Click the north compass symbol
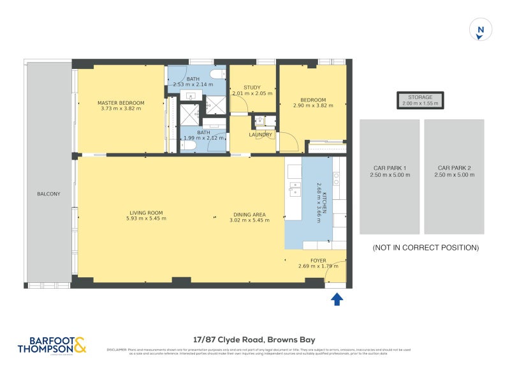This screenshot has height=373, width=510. [481, 30]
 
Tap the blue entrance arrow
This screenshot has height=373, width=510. [337, 298]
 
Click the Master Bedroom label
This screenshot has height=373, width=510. [120, 103]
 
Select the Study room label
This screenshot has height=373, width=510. [252, 88]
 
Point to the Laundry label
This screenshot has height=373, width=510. [261, 135]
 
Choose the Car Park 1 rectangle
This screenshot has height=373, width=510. [390, 176]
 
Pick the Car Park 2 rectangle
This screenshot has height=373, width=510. [453, 176]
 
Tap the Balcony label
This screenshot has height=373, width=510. [48, 194]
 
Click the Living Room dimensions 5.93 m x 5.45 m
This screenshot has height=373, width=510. [147, 218]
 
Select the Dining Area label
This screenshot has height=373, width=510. [249, 215]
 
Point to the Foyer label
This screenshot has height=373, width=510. [317, 261]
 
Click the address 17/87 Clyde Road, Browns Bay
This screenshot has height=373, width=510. [254, 340]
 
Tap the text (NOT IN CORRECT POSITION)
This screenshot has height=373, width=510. [425, 247]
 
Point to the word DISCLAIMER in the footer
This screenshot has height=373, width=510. [117, 349]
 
